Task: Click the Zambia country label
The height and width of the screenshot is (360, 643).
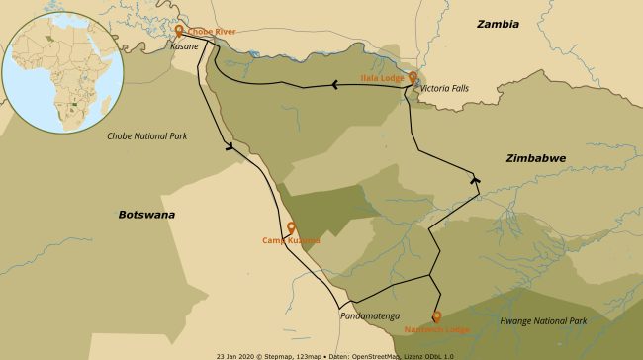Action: (x=499, y=24)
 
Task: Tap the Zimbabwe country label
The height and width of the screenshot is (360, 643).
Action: (x=535, y=157)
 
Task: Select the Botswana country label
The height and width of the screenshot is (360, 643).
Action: (x=145, y=214)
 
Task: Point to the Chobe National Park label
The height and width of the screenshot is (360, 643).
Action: (x=147, y=135)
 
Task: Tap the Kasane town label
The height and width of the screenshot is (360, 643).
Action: (x=184, y=46)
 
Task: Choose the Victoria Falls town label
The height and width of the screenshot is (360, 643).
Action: (x=444, y=88)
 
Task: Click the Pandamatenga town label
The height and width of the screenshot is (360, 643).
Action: (x=369, y=316)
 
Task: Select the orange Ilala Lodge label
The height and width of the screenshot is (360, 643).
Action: (x=383, y=76)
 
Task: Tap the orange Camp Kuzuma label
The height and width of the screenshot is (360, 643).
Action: (x=291, y=240)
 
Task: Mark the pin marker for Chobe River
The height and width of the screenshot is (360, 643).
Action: (x=179, y=31)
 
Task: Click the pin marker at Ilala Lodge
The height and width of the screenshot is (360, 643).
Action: (x=413, y=76)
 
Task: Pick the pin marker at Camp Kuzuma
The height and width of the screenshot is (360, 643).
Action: (x=291, y=227)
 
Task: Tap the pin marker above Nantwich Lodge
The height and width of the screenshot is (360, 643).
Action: (x=436, y=316)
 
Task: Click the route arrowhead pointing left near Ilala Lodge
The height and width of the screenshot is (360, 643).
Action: (x=334, y=84)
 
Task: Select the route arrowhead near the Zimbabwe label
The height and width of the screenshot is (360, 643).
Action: (x=476, y=180)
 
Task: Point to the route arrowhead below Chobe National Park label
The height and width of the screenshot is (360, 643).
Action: (x=231, y=148)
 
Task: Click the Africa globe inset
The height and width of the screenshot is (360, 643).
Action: (x=62, y=71)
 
